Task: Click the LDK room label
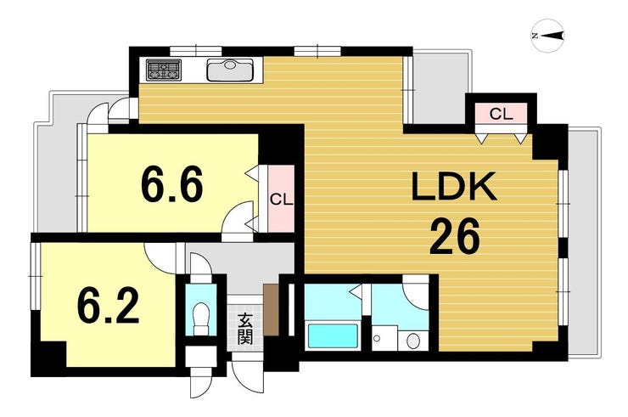[454, 186]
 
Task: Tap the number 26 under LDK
[454, 237]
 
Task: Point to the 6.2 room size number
[108, 306]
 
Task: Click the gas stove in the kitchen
[164, 70]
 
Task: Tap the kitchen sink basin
[230, 70]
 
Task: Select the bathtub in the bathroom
[332, 337]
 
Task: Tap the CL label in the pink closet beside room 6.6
[281, 200]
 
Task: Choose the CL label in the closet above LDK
[501, 115]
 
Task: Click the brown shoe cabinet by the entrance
[272, 309]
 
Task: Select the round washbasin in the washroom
[412, 341]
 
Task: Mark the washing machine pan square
[384, 338]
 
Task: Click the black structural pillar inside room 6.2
[49, 359]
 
